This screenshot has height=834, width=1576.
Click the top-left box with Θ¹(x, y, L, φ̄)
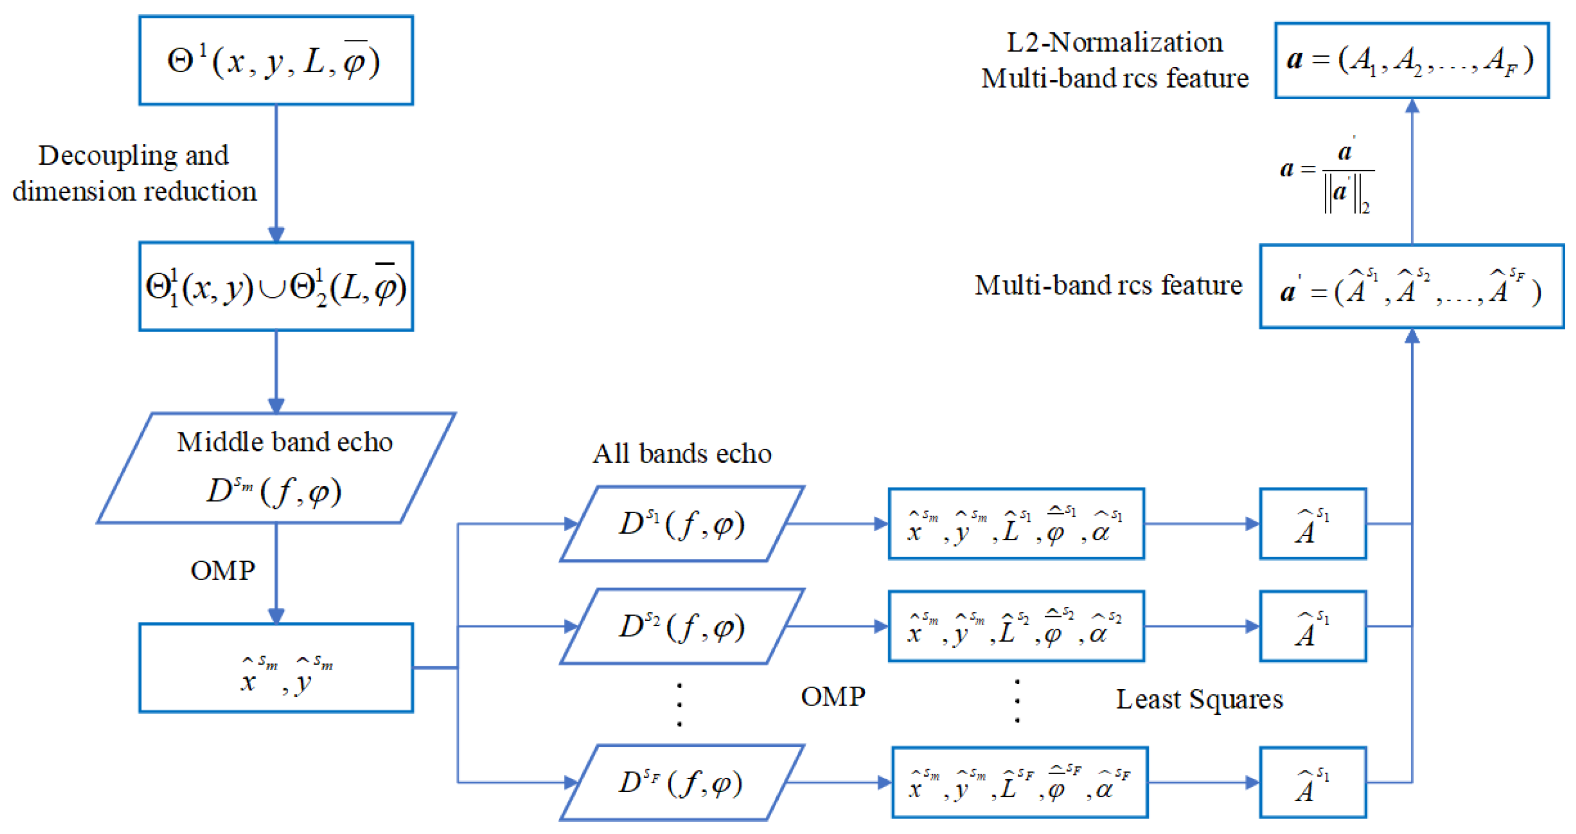point(276,60)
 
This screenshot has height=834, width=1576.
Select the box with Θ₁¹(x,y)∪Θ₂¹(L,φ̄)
point(276,287)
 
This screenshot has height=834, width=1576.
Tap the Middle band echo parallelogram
point(276,468)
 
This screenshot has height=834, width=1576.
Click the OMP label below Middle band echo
point(223,571)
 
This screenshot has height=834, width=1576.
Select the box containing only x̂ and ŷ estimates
point(276,668)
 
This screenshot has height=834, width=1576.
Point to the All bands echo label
point(682,454)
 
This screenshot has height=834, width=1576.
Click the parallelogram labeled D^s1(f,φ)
point(682,524)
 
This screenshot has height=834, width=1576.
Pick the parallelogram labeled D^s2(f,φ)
point(682,626)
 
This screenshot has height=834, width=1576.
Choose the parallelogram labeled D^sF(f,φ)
point(682,783)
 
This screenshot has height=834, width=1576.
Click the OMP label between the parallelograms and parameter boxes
point(833,697)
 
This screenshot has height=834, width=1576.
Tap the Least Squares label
point(1199,699)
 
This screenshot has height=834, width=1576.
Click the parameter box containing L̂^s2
point(1016,626)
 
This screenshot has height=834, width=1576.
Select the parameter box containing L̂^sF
point(1019,783)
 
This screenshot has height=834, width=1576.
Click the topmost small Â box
point(1313,524)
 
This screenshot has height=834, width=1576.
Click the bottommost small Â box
point(1313,783)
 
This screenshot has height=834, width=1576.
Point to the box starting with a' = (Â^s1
point(1411,287)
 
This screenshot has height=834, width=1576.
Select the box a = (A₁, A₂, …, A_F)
point(1411,60)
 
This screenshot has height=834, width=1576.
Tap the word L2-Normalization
point(1114,43)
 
